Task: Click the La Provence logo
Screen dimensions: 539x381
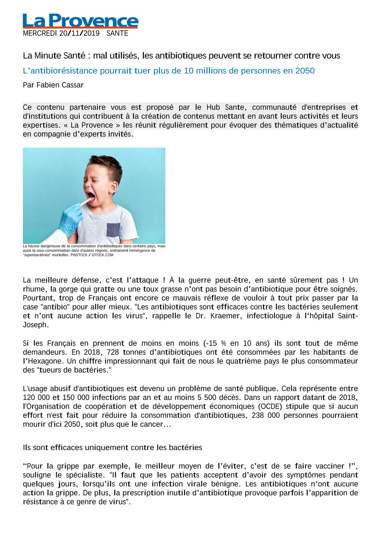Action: (x=80, y=21)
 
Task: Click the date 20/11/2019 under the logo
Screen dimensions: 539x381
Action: (x=79, y=33)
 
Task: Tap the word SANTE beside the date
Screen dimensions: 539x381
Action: (x=117, y=33)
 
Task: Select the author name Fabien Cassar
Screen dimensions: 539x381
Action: (x=60, y=85)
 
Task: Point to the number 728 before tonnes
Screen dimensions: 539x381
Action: (x=113, y=352)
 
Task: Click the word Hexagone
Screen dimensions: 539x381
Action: (x=45, y=361)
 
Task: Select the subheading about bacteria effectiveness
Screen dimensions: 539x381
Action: (x=112, y=448)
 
